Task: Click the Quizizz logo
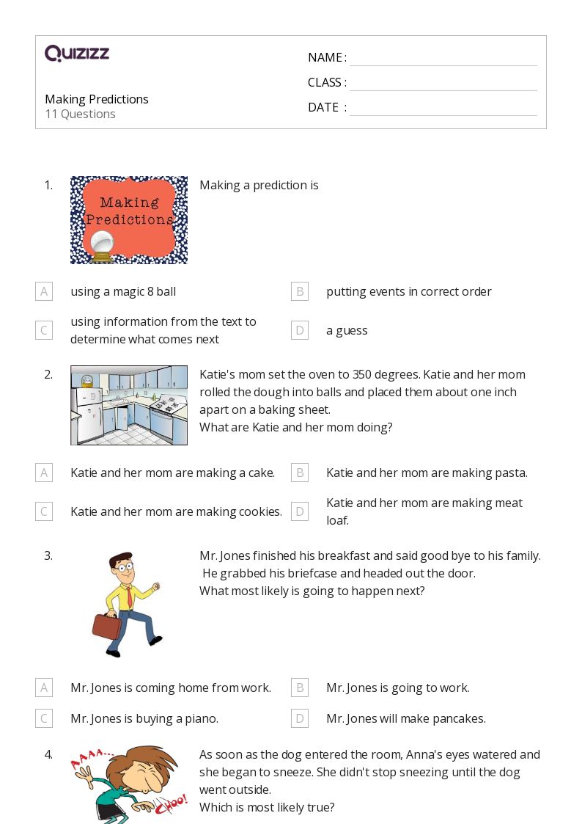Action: click(77, 54)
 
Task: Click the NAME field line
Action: click(443, 59)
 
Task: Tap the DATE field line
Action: click(443, 109)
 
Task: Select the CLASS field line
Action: click(443, 84)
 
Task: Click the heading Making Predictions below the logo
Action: click(97, 99)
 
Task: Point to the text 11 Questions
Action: click(80, 114)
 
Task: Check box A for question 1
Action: click(44, 291)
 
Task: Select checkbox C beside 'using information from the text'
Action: click(44, 330)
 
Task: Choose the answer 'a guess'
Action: click(347, 330)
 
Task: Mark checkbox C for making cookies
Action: click(44, 511)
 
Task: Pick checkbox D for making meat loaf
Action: click(300, 511)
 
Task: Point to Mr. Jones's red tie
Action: click(129, 594)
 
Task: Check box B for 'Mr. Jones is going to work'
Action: click(300, 688)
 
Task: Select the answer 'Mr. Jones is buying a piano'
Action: click(144, 718)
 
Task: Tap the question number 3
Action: click(48, 555)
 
